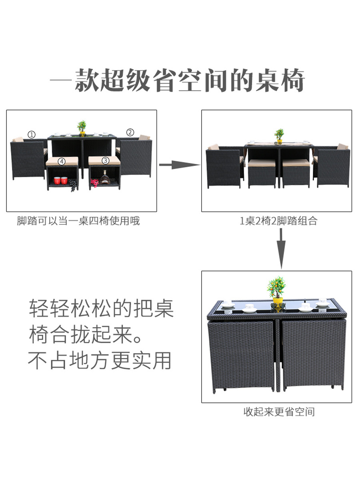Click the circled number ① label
pos(32,134)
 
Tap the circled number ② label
pos(130,132)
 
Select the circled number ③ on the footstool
pos(106,160)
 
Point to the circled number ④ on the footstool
pos(62,161)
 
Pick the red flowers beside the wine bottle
pos(95,183)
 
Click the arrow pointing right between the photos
pos(179,164)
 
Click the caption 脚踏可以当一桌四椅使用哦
pos(78,221)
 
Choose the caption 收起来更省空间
pos(279,412)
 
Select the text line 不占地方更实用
pos(100,360)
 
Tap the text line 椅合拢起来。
pos(86,335)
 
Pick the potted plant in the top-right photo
pos(279,136)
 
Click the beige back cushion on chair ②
pos(144,138)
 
